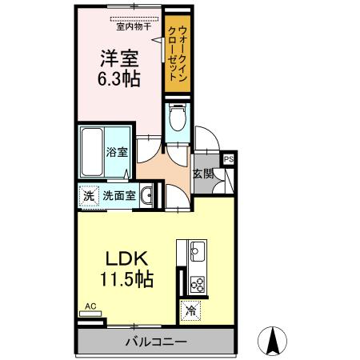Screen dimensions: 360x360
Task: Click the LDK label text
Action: [x=126, y=260]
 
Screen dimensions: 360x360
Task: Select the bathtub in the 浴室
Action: [x=91, y=154]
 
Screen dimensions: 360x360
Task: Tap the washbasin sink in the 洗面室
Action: [x=146, y=194]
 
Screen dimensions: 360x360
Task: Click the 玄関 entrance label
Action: [x=202, y=172]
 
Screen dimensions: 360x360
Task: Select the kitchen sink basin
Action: [x=196, y=254]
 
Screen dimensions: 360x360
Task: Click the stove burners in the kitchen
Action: [x=196, y=282]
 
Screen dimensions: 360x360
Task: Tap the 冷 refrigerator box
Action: [x=190, y=310]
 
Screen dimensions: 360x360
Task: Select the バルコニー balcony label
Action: [x=155, y=342]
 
